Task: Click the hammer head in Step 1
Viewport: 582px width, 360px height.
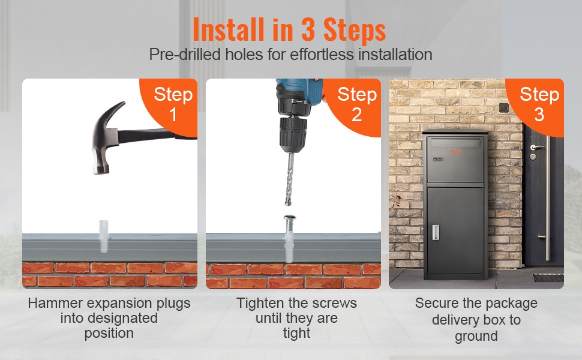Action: coord(106,137)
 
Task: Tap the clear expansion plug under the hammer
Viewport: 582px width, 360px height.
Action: coord(104,236)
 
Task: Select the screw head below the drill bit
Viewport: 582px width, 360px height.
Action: coord(290,217)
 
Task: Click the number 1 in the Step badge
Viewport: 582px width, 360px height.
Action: coord(173,115)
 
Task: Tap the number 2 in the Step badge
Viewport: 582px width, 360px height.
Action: coord(356,115)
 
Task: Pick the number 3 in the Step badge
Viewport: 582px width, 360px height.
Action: coord(539,115)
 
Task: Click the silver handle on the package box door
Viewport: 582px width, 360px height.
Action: coord(436,232)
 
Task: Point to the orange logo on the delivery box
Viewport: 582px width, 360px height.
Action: coord(455,151)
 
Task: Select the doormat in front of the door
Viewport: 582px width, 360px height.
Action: coord(548,278)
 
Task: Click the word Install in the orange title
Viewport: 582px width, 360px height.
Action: coord(229,29)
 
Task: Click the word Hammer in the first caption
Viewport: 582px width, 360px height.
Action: coord(55,303)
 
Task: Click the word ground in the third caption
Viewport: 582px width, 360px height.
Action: coord(476,336)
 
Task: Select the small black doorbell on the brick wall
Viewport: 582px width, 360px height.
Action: coord(503,107)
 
